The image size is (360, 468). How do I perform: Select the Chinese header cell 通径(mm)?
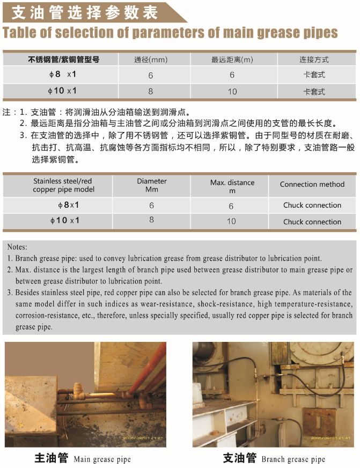pyautogui.click(x=151, y=60)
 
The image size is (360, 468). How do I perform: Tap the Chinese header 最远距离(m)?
pyautogui.click(x=232, y=60)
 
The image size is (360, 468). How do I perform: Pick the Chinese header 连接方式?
pyautogui.click(x=314, y=60)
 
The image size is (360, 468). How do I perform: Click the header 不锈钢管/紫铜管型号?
pyautogui.click(x=63, y=60)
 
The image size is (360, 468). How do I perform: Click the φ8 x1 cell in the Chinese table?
pyautogui.click(x=63, y=75)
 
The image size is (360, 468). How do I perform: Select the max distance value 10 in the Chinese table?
pyautogui.click(x=232, y=92)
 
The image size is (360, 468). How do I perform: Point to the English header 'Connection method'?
pyautogui.click(x=312, y=184)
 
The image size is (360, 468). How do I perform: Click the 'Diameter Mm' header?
pyautogui.click(x=152, y=185)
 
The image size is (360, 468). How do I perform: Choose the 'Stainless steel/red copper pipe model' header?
pyautogui.click(x=63, y=185)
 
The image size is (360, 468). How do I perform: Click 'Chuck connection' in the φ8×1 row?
pyautogui.click(x=312, y=205)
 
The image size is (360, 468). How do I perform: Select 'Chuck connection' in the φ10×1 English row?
pyautogui.click(x=312, y=222)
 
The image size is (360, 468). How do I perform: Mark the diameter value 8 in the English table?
pyautogui.click(x=152, y=220)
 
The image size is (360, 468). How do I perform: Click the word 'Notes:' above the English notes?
pyautogui.click(x=17, y=247)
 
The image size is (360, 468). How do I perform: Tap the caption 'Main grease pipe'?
pyautogui.click(x=102, y=459)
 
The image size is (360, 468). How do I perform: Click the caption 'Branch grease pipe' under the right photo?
pyautogui.click(x=293, y=459)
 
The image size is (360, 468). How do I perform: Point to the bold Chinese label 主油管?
pyautogui.click(x=51, y=458)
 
